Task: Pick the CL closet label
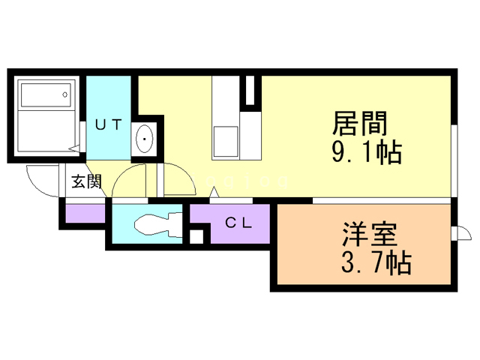238,223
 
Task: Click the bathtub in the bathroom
45,95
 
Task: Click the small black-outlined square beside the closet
196,237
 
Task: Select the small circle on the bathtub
65,94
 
